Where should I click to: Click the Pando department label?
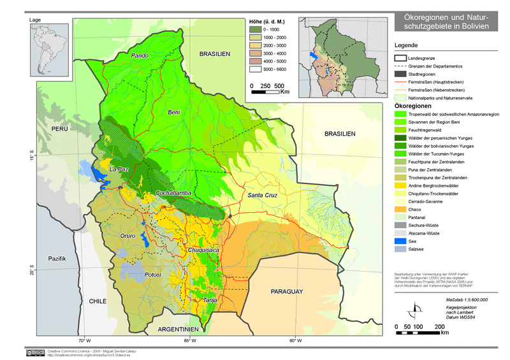click(x=140, y=56)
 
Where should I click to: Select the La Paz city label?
click(x=119, y=169)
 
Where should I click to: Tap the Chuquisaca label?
click(x=203, y=250)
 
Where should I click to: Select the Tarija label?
click(x=211, y=300)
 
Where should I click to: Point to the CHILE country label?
click(x=98, y=301)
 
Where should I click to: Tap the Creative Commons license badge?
click(x=35, y=352)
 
